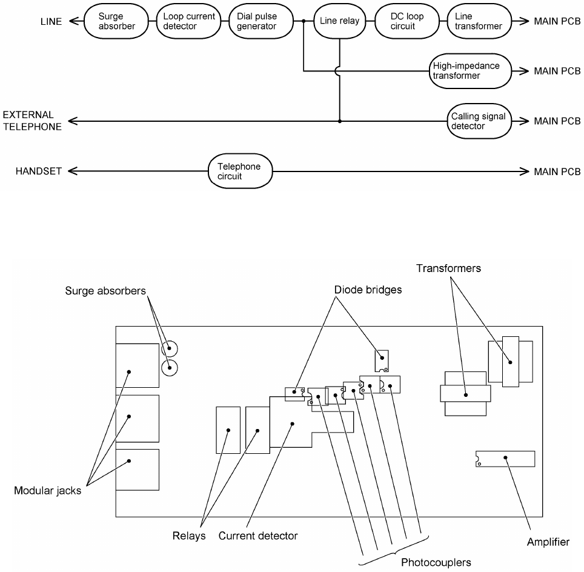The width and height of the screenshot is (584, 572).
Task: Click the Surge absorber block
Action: [117, 21]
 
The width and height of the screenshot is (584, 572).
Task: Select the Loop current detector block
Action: [190, 21]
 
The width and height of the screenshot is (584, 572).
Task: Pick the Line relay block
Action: [339, 21]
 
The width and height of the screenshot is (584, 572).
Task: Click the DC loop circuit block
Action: [406, 21]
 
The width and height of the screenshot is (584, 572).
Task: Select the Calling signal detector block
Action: [477, 121]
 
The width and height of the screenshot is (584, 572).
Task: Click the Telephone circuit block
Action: [241, 171]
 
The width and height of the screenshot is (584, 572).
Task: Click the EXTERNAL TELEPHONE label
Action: [32, 121]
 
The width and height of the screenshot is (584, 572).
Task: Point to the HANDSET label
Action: [38, 171]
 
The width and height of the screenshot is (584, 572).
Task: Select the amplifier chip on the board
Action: [505, 459]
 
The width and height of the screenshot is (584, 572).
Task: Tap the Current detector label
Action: [258, 536]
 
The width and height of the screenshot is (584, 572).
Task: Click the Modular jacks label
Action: [47, 491]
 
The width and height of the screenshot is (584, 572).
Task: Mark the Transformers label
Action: [449, 268]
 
